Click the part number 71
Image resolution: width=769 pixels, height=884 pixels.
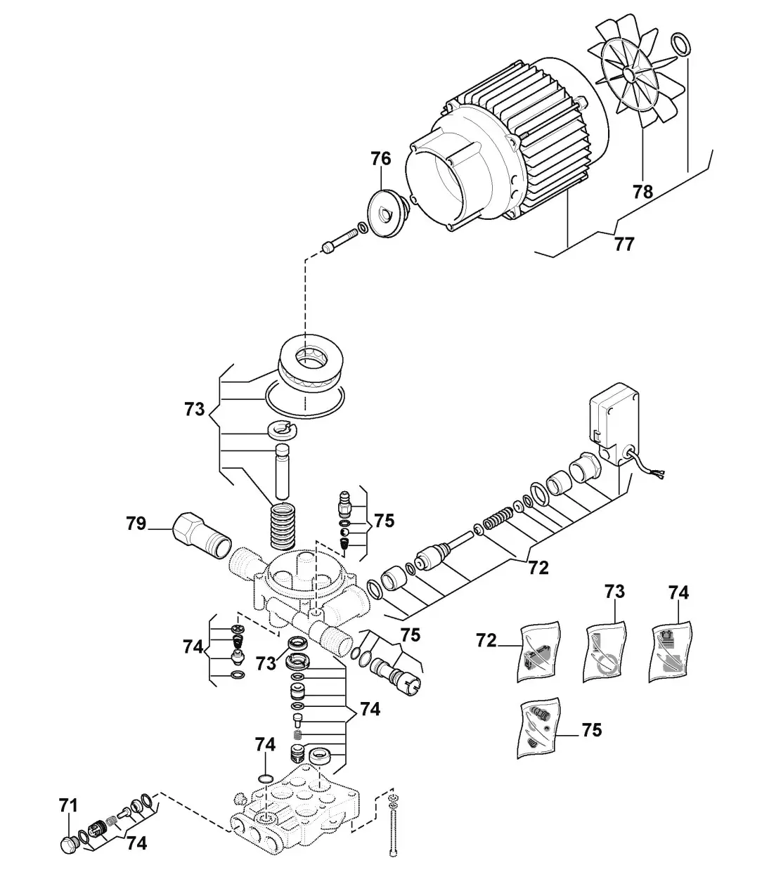69,806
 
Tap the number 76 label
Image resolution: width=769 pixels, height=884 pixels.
380,160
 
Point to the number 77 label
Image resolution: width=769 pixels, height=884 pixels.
623,244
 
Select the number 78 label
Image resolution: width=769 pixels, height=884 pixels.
642,191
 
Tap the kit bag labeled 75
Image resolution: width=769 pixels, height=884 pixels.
539,728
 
